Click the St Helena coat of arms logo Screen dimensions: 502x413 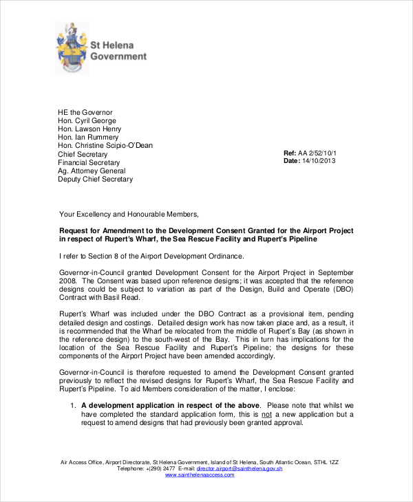[72, 46]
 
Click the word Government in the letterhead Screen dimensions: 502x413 [119, 56]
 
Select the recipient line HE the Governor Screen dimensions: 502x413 [85, 112]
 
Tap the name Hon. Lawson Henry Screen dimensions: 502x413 [89, 129]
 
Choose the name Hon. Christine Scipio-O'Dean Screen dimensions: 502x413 [105, 146]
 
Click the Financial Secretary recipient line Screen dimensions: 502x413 [88, 162]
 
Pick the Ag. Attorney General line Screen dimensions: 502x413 [92, 171]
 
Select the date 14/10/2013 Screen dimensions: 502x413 [319, 161]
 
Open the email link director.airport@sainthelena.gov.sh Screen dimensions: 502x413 [240, 468]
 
